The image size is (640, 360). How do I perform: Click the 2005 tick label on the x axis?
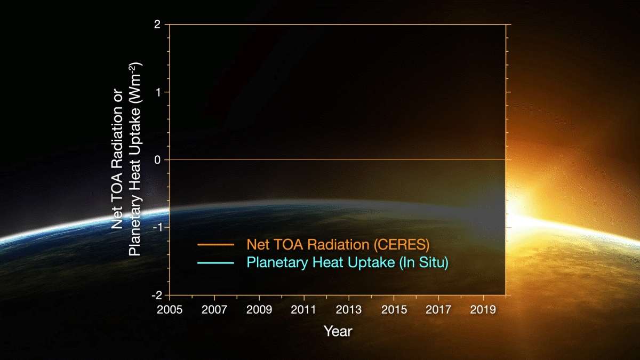pos(169,309)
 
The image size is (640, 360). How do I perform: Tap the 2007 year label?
pos(214,309)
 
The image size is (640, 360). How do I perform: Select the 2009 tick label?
pos(259,309)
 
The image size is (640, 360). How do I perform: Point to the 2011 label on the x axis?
pos(304,309)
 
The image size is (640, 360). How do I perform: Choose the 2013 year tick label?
pos(349,309)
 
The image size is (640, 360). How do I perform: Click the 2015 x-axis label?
pos(394,309)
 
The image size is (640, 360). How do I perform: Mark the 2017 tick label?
pos(438,309)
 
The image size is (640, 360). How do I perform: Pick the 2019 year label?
pos(483,309)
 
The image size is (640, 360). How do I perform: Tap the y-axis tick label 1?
pos(158,92)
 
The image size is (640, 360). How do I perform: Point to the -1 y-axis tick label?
pos(156,228)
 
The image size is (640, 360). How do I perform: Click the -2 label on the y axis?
pos(156,295)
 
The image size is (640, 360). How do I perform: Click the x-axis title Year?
pos(338,331)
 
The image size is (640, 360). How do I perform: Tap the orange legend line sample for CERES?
pos(215,245)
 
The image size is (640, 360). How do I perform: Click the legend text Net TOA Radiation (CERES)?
pos(338,245)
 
